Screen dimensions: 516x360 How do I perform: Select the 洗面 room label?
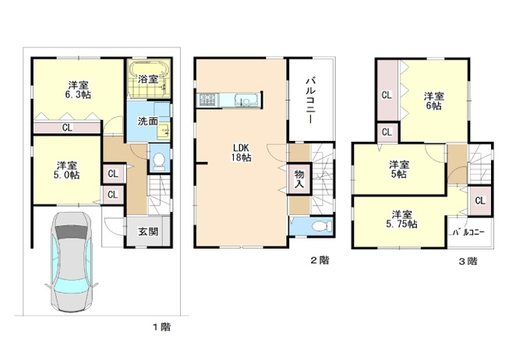(x=147, y=121)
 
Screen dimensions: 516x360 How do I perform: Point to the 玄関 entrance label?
(x=148, y=231)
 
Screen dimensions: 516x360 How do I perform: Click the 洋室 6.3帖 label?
(x=79, y=90)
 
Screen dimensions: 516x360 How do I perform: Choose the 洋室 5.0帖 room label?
(x=67, y=170)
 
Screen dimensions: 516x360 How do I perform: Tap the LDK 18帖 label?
(x=241, y=153)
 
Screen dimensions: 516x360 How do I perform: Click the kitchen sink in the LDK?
(x=243, y=101)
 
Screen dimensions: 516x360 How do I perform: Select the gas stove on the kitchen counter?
(x=207, y=100)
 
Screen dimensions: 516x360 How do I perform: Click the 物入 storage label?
(x=299, y=179)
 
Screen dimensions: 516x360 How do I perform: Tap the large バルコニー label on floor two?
(x=310, y=100)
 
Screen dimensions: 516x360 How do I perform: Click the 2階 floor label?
(x=320, y=260)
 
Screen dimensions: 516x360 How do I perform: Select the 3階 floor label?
(x=468, y=261)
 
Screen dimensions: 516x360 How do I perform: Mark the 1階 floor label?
(x=161, y=327)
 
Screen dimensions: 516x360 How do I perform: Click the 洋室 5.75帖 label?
(x=401, y=220)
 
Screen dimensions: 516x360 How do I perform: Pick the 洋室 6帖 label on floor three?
(x=433, y=101)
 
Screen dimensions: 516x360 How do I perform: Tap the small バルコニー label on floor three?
(x=468, y=233)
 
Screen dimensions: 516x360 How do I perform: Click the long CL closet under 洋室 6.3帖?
(x=67, y=127)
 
